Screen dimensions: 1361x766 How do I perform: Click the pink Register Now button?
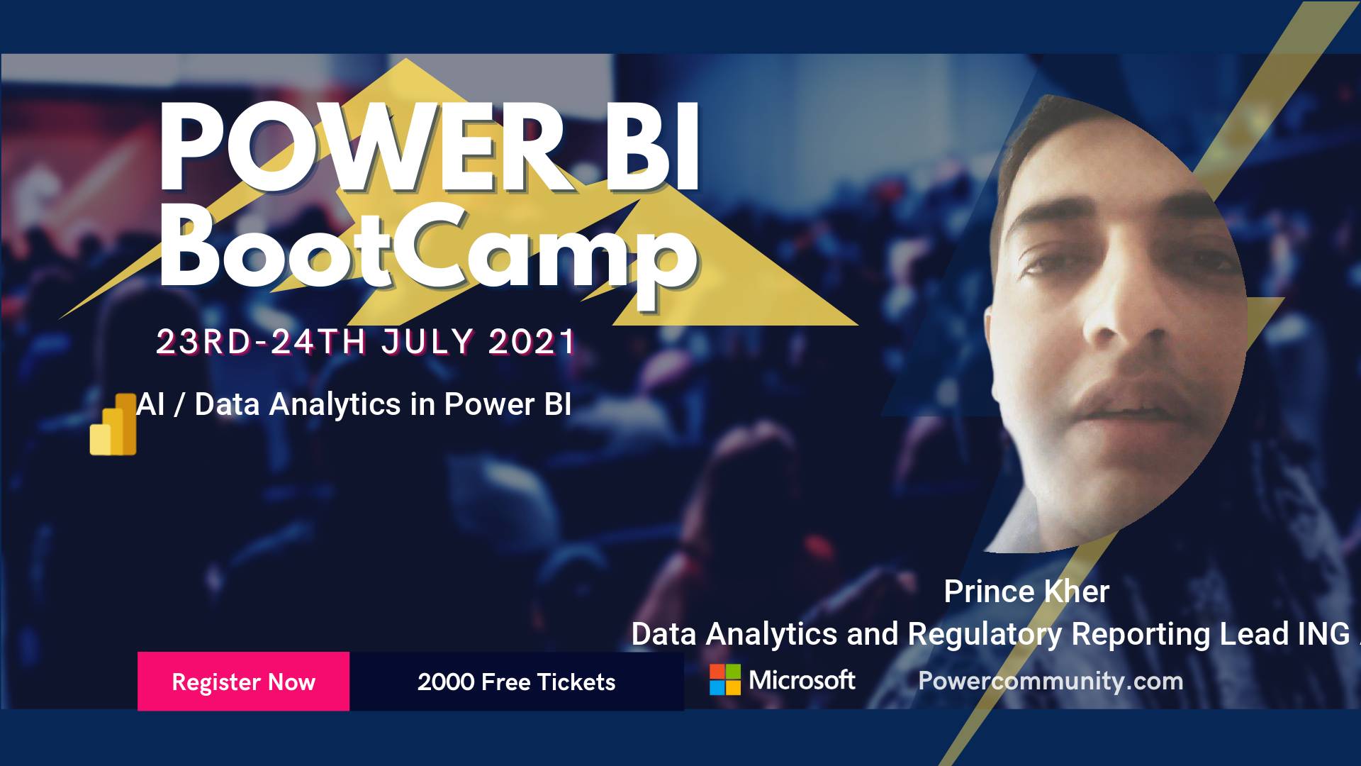point(243,681)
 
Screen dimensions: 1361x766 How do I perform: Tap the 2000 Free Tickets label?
point(516,682)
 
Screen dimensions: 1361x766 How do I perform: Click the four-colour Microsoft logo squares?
point(725,679)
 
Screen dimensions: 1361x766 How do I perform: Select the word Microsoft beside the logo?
point(802,680)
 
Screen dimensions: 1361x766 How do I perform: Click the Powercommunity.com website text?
point(1051,682)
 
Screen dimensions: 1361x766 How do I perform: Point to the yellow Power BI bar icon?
point(113,424)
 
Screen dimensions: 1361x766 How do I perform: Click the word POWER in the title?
point(361,147)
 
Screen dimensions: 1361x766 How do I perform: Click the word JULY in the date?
point(427,342)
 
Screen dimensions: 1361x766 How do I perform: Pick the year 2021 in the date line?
point(532,342)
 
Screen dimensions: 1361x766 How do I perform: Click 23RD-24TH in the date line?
point(261,342)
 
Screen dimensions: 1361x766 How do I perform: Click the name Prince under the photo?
point(989,592)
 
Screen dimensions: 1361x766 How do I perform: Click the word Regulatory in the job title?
point(985,635)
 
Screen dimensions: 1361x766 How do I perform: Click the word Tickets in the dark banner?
point(576,682)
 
